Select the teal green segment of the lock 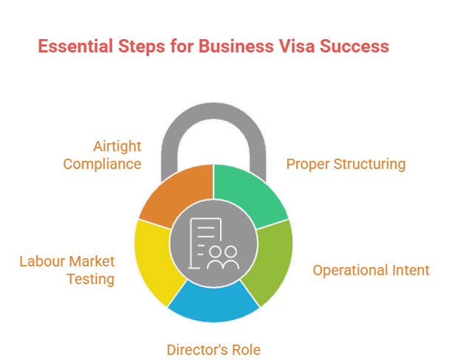tap(247, 195)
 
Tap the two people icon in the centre tap(223, 258)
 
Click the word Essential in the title tap(75, 46)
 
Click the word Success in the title tap(354, 46)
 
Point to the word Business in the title tap(236, 46)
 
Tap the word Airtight tap(117, 146)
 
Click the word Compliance tap(102, 165)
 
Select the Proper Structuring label tap(346, 165)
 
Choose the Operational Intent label tap(371, 270)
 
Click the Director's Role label tap(213, 350)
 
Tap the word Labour tap(41, 261)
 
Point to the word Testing tap(91, 280)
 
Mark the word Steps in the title tap(142, 46)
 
